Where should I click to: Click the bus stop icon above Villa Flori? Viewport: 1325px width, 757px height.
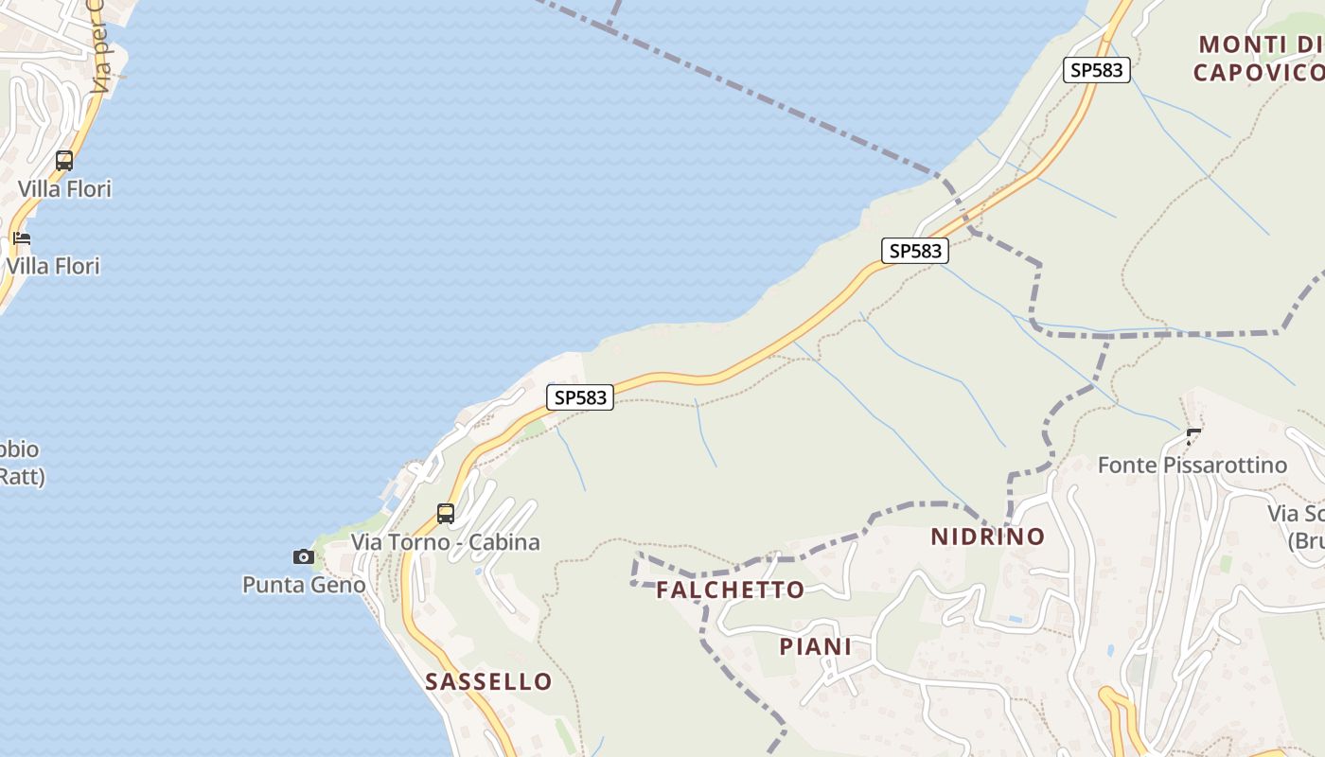64,161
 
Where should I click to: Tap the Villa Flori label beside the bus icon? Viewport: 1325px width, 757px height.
64,189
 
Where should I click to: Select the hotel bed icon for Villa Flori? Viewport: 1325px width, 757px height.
22,238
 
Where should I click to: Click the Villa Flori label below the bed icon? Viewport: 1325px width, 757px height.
53,266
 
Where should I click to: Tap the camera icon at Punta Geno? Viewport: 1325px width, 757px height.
304,556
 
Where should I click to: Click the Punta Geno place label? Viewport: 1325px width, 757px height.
304,585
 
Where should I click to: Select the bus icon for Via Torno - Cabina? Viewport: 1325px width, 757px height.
446,514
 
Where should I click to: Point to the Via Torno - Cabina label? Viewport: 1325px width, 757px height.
446,542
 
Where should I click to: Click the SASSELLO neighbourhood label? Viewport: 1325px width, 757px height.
488,681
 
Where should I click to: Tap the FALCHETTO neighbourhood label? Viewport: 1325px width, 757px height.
731,590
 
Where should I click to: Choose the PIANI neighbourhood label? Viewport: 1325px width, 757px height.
816,646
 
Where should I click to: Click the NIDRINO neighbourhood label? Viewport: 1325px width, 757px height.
988,537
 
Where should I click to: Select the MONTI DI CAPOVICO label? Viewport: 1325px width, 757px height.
1259,59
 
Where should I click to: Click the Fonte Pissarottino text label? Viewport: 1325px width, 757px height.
1192,465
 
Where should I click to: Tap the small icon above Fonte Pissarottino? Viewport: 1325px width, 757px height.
1194,436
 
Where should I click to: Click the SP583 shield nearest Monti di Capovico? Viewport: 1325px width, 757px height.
1097,70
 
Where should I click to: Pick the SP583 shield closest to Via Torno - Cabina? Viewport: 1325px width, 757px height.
580,397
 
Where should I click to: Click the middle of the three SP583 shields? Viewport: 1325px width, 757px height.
916,251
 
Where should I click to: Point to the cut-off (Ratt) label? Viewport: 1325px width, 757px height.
21,476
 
